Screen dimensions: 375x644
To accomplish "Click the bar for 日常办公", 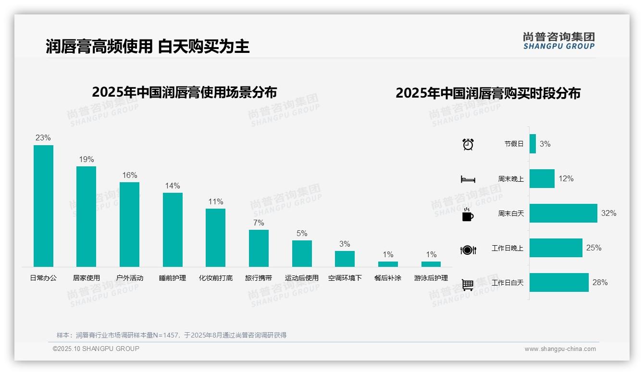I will coord(43,206).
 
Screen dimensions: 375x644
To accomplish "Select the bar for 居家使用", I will coord(87,216).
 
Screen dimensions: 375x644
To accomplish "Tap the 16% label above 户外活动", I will coord(129,175).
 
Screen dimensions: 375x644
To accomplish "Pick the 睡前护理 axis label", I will coord(173,278).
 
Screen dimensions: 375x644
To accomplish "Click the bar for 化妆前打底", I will coord(215,237).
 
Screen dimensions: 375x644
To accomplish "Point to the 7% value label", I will coord(259,223).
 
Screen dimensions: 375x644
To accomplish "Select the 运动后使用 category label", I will coord(301,278).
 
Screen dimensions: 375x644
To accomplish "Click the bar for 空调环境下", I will coord(345,259).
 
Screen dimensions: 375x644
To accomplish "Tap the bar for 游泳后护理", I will coord(431,264).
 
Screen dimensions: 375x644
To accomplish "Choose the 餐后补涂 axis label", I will coord(388,278).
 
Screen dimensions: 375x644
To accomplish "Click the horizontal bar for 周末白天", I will coord(563,213).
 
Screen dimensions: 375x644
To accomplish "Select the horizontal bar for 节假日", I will coord(533,144).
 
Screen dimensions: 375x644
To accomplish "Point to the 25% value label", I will coord(594,248).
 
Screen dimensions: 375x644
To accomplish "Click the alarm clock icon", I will coord(468,144).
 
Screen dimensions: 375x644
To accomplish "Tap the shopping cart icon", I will coord(468,285).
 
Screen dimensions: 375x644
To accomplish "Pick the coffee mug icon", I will coord(468,214).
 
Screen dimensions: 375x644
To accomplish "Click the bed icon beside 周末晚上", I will coord(468,179).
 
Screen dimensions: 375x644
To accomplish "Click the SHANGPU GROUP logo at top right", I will coord(558,41).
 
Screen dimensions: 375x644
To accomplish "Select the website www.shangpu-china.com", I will coord(560,349).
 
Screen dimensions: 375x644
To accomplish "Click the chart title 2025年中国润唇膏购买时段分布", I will coord(488,93).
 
